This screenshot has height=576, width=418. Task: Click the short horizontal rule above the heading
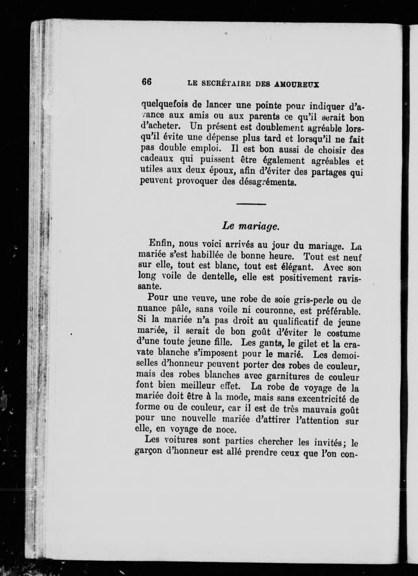click(x=251, y=205)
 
